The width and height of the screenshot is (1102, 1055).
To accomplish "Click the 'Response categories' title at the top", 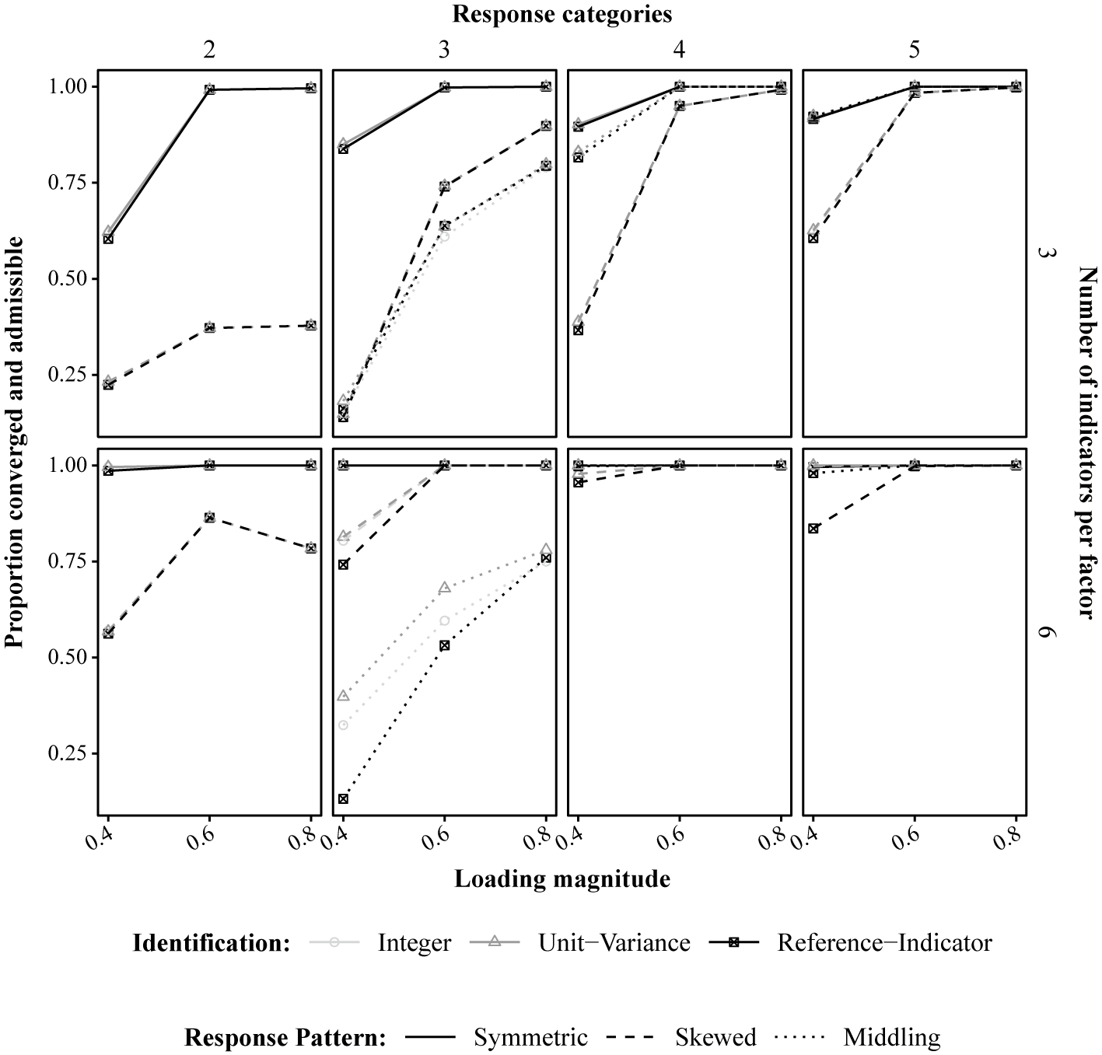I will pos(562,14).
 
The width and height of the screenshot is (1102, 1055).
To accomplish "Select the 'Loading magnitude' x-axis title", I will pos(561,879).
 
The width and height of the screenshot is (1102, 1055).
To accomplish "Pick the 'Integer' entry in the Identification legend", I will pos(414,943).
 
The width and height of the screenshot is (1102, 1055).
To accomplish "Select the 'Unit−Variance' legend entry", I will pos(614,943).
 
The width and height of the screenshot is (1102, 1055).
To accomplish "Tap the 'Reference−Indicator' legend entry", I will pos(884,943).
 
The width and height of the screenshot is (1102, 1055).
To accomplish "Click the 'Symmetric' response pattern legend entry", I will pos(530,1038).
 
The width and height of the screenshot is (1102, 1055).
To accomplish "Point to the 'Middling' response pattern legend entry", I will pos(891,1038).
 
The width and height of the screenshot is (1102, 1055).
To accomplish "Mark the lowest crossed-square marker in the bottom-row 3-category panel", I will pos(344,798).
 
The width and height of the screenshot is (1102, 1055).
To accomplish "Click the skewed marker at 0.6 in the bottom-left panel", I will pos(209,517).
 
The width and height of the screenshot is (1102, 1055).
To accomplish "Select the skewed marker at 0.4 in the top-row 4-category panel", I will pos(578,330).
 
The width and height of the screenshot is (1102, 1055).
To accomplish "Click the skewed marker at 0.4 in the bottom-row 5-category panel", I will pos(813,529).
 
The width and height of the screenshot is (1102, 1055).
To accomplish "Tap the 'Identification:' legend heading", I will pos(212,943).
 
